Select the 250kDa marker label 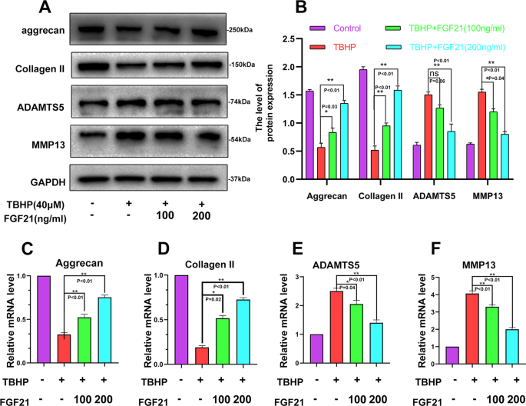[242, 32]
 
